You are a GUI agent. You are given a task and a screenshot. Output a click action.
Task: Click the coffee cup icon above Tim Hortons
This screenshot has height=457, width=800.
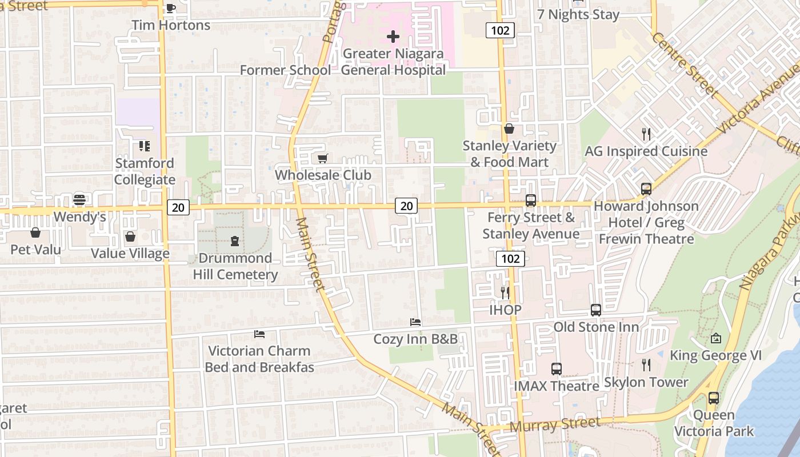pyautogui.click(x=170, y=8)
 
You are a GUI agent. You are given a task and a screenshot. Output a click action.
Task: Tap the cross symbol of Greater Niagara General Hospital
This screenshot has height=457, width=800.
pyautogui.click(x=393, y=37)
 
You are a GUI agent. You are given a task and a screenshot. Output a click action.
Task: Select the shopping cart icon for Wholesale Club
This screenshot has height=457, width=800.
pyautogui.click(x=323, y=158)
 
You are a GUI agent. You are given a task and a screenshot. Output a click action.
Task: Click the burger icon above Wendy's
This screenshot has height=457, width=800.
pyautogui.click(x=79, y=200)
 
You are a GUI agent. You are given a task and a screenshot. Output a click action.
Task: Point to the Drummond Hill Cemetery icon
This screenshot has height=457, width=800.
pyautogui.click(x=235, y=241)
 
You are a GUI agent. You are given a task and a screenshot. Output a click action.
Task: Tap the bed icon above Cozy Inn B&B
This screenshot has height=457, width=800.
pyautogui.click(x=415, y=322)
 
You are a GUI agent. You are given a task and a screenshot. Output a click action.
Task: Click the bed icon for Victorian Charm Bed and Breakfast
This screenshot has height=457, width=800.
pyautogui.click(x=259, y=334)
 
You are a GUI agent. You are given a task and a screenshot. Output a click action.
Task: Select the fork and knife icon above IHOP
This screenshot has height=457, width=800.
pyautogui.click(x=505, y=293)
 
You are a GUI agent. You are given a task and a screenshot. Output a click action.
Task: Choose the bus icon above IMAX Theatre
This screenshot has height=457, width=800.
pyautogui.click(x=557, y=369)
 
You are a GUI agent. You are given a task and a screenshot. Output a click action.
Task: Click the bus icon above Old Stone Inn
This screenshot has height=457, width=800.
pyautogui.click(x=596, y=310)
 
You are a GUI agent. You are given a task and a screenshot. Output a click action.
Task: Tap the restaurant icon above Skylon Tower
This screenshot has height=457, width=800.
pyautogui.click(x=646, y=364)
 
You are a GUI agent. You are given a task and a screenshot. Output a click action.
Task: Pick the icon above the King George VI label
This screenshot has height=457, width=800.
pyautogui.click(x=716, y=338)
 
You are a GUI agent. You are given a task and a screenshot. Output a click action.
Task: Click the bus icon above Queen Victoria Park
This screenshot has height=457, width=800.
pyautogui.click(x=714, y=398)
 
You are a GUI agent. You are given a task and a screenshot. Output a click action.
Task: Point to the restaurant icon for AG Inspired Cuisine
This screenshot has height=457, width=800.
pyautogui.click(x=646, y=134)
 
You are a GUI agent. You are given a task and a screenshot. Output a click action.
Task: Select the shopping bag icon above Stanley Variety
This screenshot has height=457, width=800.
pyautogui.click(x=509, y=129)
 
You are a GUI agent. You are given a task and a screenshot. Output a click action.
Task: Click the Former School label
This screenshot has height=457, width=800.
pyautogui.click(x=285, y=70)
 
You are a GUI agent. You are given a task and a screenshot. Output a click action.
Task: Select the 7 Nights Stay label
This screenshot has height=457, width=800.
pyautogui.click(x=578, y=15)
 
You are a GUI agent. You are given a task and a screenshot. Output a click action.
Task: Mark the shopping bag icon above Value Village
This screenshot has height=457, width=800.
pyautogui.click(x=130, y=236)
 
